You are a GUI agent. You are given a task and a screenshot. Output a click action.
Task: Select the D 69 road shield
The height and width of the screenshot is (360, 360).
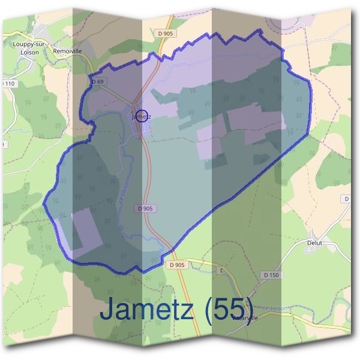point(98,82)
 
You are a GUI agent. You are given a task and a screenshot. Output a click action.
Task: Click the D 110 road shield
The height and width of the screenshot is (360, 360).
point(9,83)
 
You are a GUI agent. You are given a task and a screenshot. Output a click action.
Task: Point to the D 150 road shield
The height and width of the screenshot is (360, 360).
point(271,275)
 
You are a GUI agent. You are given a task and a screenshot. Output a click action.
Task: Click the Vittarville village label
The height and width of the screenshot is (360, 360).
point(246,318)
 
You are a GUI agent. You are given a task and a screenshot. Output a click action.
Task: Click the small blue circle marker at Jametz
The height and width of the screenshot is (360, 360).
point(142,116)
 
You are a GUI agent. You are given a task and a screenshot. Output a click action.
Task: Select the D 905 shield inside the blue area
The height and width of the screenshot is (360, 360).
point(145,208)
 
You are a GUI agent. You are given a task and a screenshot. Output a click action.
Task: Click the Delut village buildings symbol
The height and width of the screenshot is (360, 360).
point(311,250)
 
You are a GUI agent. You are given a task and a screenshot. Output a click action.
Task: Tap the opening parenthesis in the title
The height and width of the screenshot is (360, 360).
point(207,311)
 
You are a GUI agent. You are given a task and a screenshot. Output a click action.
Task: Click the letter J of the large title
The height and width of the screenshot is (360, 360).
point(108,310)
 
